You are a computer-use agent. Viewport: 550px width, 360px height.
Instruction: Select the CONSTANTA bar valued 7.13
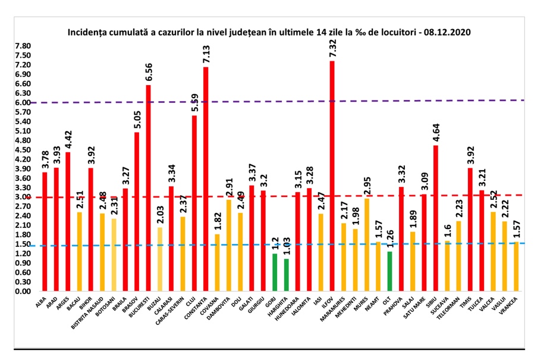click(x=206, y=179)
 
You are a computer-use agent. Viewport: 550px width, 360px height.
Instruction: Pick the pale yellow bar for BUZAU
click(x=159, y=259)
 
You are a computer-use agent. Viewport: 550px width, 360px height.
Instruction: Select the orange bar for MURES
click(x=366, y=245)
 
